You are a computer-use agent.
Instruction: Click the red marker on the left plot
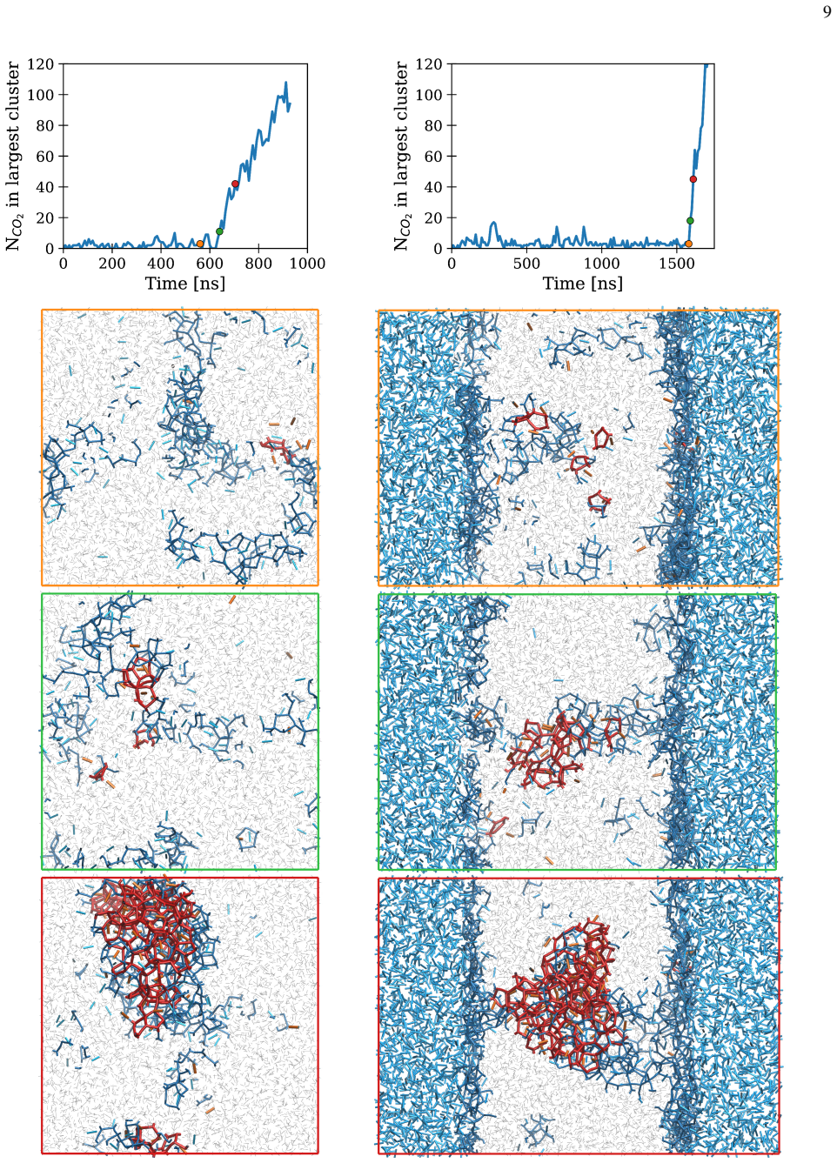(235, 184)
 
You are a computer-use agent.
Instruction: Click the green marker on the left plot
(219, 231)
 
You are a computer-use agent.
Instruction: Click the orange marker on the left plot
(200, 244)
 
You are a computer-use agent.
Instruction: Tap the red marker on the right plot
(693, 179)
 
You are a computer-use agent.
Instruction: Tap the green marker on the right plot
(690, 221)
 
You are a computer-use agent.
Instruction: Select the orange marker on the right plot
(688, 244)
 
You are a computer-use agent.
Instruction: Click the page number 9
(827, 12)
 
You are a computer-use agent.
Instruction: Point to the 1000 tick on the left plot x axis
(307, 264)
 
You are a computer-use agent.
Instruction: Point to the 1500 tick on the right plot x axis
(677, 264)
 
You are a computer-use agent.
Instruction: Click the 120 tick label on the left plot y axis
(41, 63)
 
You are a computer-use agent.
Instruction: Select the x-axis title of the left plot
(184, 284)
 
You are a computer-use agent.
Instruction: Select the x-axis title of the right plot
(583, 284)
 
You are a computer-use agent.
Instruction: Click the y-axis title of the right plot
(401, 156)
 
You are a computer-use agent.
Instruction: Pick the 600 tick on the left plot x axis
(209, 264)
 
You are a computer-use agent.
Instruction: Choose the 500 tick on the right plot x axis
(526, 264)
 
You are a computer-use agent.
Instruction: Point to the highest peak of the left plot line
(286, 82)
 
